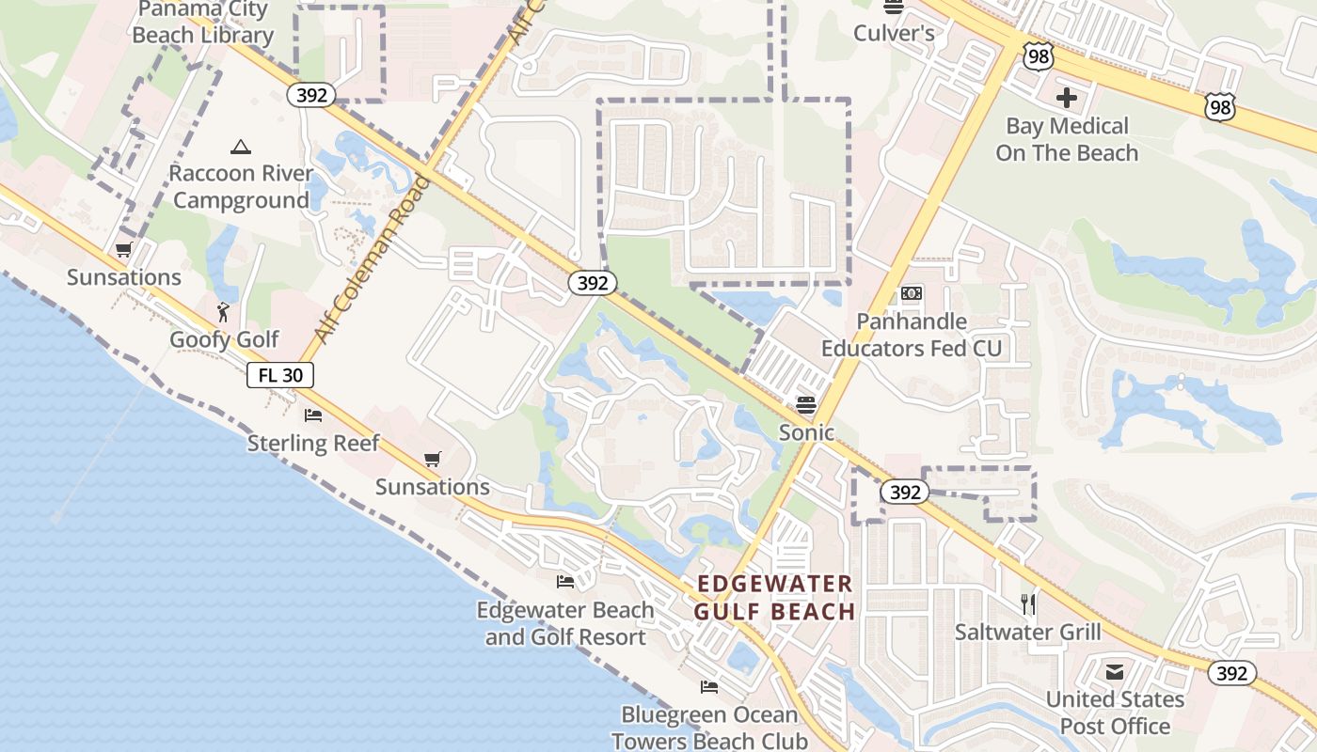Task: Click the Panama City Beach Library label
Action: pos(202,23)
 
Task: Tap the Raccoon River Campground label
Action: pos(241,187)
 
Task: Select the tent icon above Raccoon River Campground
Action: pos(241,147)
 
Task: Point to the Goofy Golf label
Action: pos(224,339)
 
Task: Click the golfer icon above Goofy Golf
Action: pos(224,311)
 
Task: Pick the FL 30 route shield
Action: pos(280,375)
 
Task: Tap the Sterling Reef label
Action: pos(313,443)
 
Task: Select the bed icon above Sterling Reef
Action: pos(313,415)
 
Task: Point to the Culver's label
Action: pos(894,34)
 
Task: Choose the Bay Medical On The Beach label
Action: pos(1067,139)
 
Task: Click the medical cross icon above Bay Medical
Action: pos(1067,97)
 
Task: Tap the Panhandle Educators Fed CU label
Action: pos(911,335)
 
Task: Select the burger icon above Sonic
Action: pos(806,404)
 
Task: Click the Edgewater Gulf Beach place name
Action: pos(775,598)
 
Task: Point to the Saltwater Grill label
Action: pos(1027,632)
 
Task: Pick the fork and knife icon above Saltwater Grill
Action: pos(1028,603)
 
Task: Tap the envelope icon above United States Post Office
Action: pos(1115,671)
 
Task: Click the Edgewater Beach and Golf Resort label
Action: pos(565,623)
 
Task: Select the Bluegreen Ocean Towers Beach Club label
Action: pos(709,728)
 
